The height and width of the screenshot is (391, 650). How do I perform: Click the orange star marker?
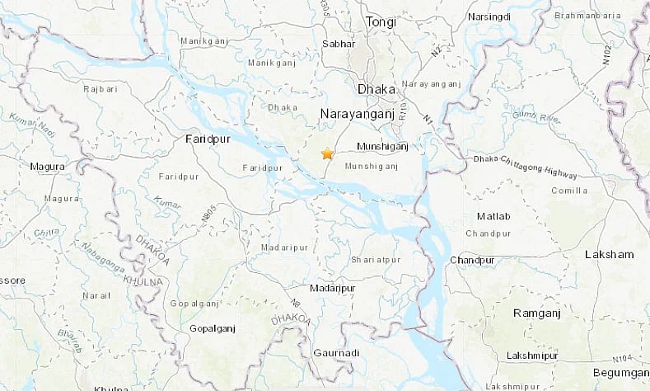coord(327,153)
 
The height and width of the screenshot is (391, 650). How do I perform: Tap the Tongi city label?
coord(381,22)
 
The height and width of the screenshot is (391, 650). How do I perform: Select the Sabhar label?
coord(337,43)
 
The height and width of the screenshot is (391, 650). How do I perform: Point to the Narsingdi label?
coord(488,16)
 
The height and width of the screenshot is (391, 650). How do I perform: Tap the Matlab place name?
coord(493,216)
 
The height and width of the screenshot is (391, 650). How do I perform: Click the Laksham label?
coord(609,255)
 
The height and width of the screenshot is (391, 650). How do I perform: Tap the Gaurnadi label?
coord(336,353)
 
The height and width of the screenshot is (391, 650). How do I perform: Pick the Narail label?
coord(96,294)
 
